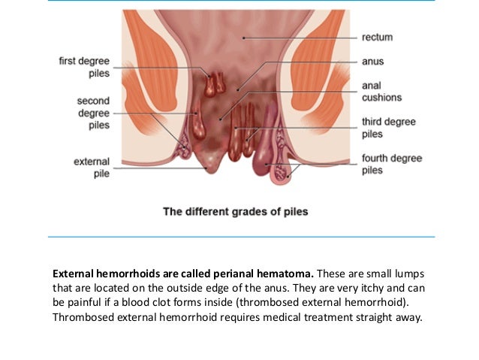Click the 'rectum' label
pyautogui.click(x=377, y=37)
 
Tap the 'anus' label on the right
pyautogui.click(x=373, y=62)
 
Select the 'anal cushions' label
pyautogui.click(x=381, y=92)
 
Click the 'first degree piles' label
pyautogui.click(x=84, y=68)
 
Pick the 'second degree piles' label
pyautogui.click(x=94, y=112)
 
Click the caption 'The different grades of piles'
pyautogui.click(x=235, y=211)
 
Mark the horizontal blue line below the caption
pyautogui.click(x=241, y=237)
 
